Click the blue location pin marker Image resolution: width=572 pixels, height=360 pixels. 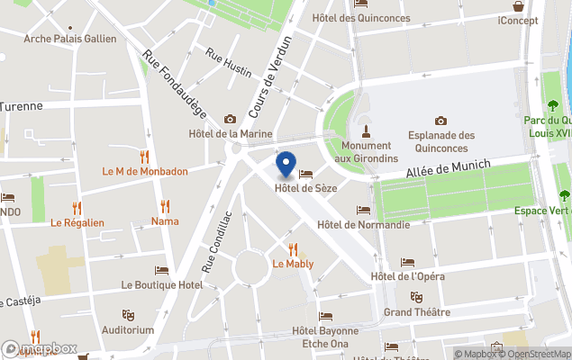pos(286,165)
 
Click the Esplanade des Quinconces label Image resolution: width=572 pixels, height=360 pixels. pos(440,140)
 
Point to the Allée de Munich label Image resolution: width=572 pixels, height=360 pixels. pos(448,168)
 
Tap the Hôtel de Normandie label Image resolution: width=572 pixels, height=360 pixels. pos(364,224)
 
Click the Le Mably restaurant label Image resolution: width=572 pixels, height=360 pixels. pos(293,264)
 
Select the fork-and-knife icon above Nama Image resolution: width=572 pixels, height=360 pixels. pos(165,206)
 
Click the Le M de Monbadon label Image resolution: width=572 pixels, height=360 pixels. pos(145,171)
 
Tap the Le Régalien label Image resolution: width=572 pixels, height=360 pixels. pos(77,222)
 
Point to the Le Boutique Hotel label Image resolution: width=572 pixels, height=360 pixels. pos(162,284)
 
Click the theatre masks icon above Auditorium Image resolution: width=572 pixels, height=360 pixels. pos(128,315)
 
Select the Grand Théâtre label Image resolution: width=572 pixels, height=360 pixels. pos(416,311)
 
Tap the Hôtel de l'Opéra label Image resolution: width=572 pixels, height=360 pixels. pos(407,276)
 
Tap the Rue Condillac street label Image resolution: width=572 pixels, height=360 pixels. pos(218,241)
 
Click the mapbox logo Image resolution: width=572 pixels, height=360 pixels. pos(40,348)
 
